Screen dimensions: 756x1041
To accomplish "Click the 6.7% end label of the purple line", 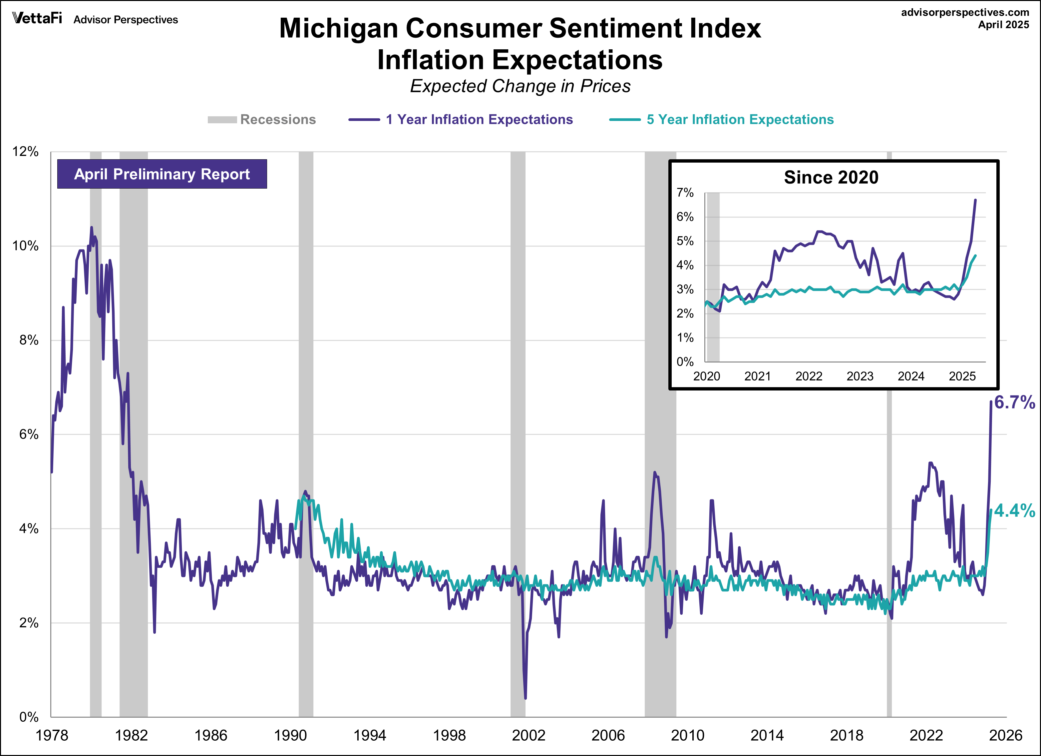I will (1014, 402).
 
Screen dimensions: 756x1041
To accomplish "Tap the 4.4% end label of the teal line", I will (1014, 511).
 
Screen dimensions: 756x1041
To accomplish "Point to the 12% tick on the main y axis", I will (25, 152).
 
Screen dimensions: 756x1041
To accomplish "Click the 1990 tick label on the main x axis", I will (290, 735).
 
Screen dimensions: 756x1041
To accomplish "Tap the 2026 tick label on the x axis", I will (1005, 735).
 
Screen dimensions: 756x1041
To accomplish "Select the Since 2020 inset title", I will (831, 177).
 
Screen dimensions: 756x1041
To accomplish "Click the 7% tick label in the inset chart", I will (685, 193).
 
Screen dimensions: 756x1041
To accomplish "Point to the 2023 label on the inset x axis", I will (860, 376).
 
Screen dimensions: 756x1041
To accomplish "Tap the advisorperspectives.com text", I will (965, 12).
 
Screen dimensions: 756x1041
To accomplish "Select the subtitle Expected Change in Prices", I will (520, 86).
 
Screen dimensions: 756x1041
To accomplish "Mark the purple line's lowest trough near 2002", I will (525, 698).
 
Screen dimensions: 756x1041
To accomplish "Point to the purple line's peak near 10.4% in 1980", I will (91, 227).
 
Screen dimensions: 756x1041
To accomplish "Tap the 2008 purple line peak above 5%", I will (654, 472).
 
